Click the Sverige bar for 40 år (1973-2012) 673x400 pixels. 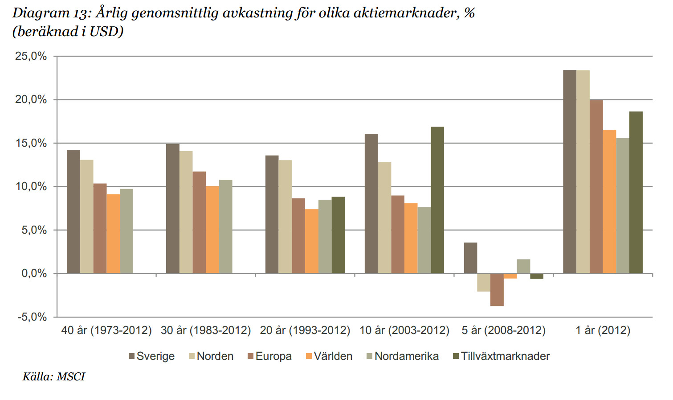point(73,212)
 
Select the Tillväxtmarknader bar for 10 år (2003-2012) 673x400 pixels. point(437,200)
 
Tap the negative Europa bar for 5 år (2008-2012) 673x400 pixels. point(497,289)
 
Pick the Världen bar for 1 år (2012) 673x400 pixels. point(609,202)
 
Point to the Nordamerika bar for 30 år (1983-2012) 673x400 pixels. point(225,227)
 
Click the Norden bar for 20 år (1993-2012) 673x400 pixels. point(285,217)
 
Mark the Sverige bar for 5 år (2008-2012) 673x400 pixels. point(470,258)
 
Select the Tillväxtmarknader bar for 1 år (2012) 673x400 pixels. point(636,192)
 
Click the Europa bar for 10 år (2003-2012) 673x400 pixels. point(398,234)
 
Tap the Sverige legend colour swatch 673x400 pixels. point(131,356)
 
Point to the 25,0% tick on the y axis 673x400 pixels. point(31,56)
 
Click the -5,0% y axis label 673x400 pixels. point(32,317)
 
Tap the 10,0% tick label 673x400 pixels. point(31,186)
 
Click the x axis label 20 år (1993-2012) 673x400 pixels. point(305,330)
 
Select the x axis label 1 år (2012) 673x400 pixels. point(603,330)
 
